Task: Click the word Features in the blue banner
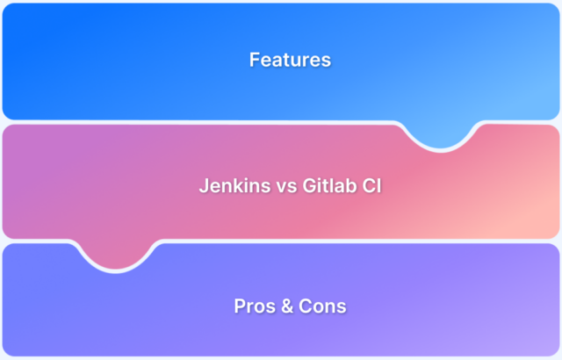290,61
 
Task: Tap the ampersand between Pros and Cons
285,307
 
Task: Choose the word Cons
321,307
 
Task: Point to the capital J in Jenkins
203,186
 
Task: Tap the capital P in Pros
239,307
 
